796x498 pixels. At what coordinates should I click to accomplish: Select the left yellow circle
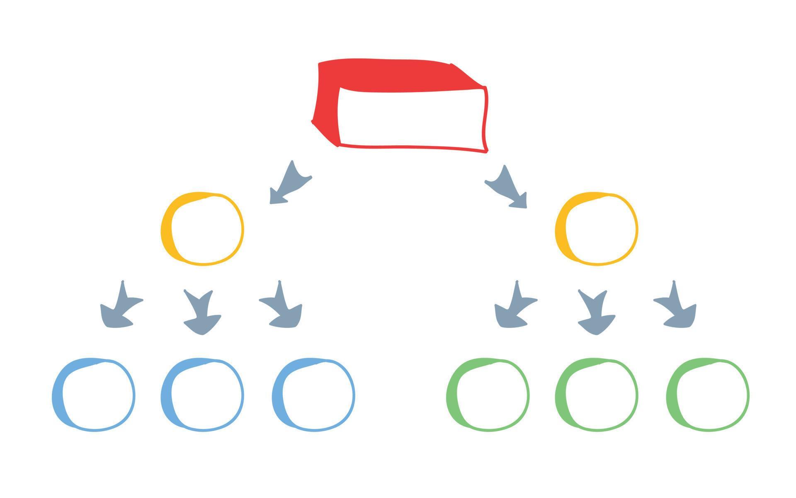202,228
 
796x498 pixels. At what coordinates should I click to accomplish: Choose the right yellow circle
597,228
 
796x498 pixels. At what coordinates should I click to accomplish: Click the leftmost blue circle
94,394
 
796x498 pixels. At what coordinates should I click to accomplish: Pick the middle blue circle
202,394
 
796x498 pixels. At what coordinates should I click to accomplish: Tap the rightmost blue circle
313,394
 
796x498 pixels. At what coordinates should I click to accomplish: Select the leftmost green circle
488,394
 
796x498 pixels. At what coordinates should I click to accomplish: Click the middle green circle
597,394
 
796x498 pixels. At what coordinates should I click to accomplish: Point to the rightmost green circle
708,394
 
